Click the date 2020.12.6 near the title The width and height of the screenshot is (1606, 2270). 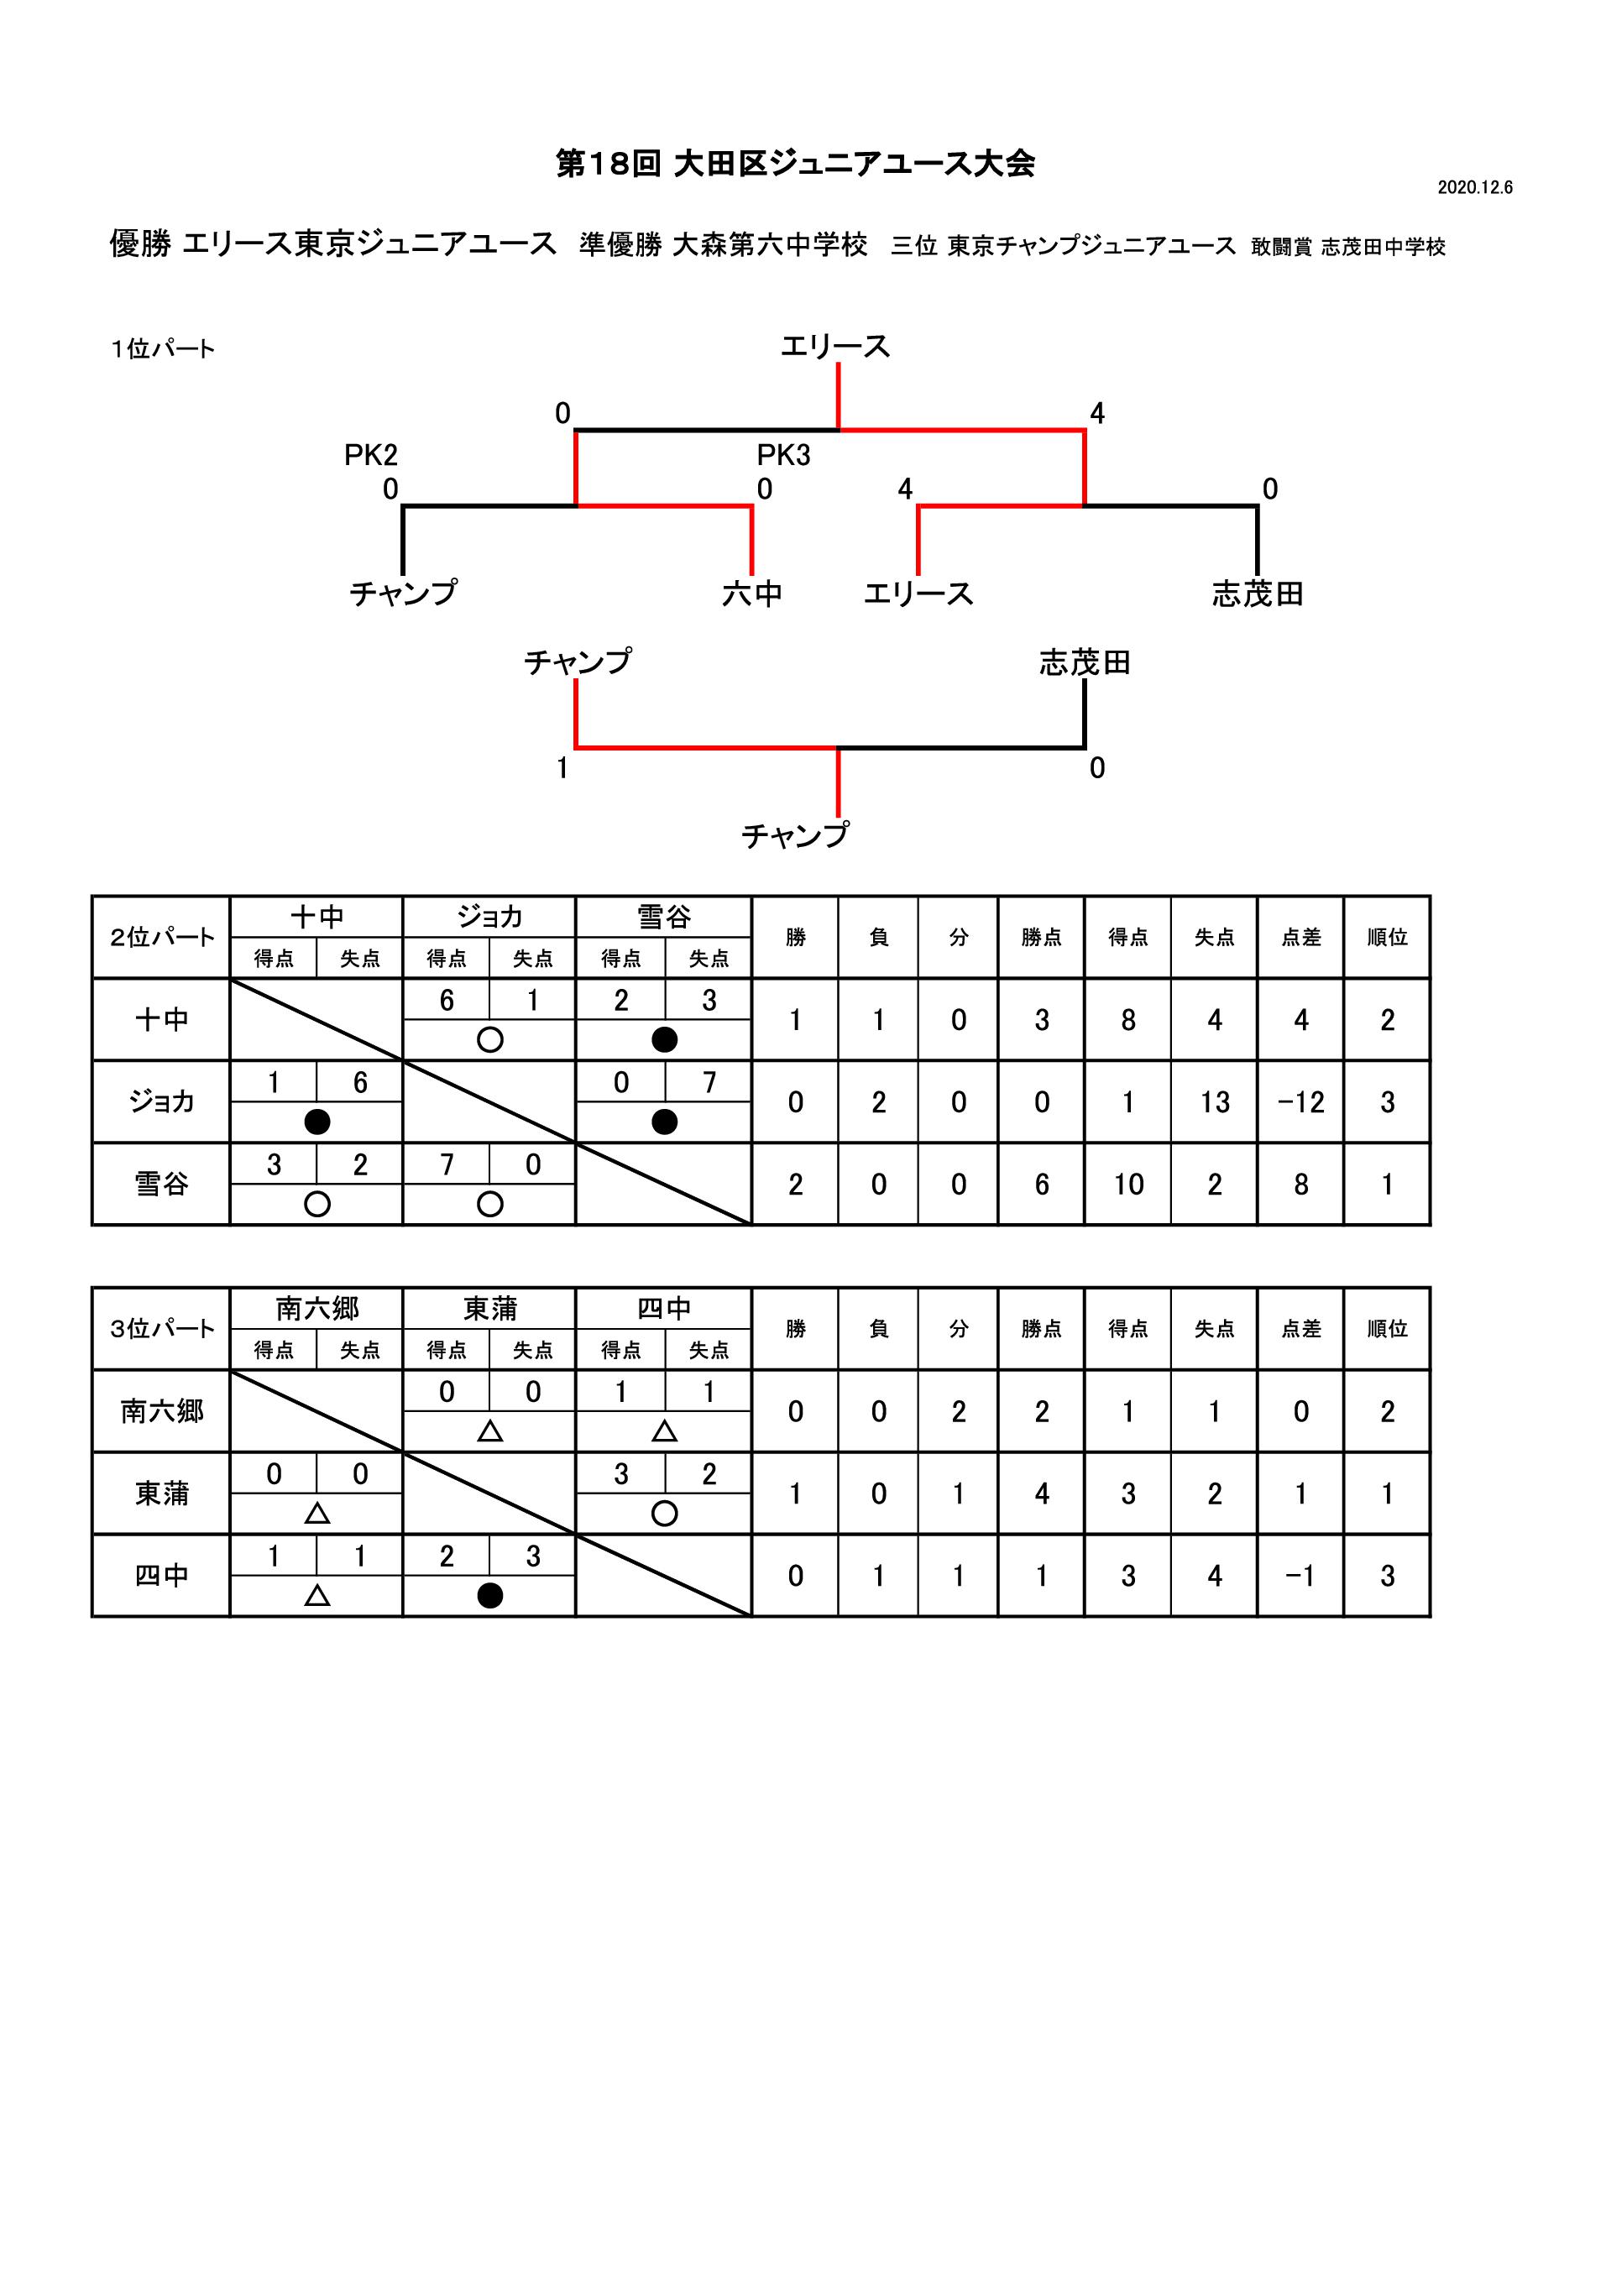click(x=1474, y=188)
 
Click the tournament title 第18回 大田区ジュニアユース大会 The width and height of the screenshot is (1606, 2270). click(x=795, y=163)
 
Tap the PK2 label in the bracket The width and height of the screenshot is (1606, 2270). click(x=371, y=455)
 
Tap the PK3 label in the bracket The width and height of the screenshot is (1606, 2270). click(x=783, y=455)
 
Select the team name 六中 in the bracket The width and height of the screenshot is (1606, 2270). click(x=751, y=594)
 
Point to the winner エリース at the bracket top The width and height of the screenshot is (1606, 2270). click(x=835, y=347)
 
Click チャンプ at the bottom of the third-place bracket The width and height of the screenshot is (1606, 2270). click(x=795, y=836)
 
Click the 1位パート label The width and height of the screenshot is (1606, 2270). click(x=163, y=349)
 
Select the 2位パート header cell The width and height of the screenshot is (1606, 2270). click(x=161, y=937)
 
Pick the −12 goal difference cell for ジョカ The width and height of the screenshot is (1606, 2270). click(x=1300, y=1102)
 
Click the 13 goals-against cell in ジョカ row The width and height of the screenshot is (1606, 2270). click(x=1215, y=1102)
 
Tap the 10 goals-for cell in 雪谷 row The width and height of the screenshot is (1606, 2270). click(x=1128, y=1185)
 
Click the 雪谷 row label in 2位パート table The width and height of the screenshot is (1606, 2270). click(x=161, y=1185)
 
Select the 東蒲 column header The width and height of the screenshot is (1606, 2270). click(x=489, y=1309)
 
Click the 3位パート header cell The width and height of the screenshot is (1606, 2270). click(x=161, y=1329)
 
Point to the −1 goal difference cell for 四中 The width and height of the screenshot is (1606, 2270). click(x=1300, y=1576)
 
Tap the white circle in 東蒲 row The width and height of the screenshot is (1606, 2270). click(x=665, y=1514)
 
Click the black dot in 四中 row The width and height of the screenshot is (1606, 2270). click(x=489, y=1596)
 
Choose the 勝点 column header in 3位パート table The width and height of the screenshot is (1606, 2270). click(x=1041, y=1329)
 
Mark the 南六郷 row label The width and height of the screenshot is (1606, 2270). click(x=161, y=1411)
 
